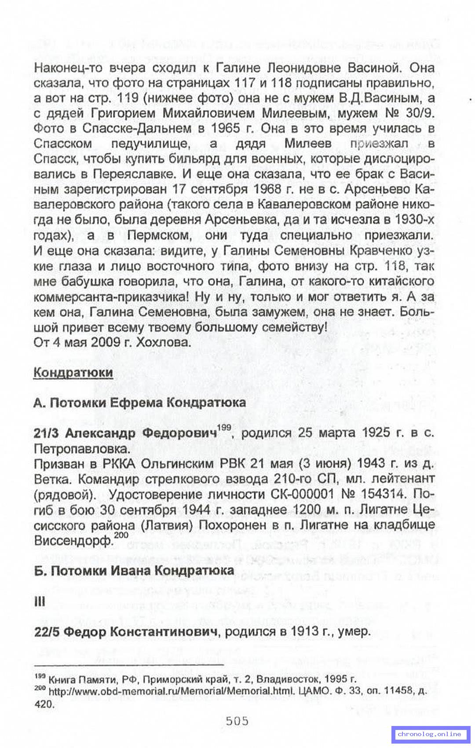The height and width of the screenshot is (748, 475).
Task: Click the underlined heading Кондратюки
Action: click(73, 372)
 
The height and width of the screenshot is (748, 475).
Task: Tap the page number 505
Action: click(237, 721)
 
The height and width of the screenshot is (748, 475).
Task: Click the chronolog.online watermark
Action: click(429, 734)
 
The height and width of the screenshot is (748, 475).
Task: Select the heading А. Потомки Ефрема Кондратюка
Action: click(139, 403)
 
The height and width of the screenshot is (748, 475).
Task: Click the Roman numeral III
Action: click(40, 601)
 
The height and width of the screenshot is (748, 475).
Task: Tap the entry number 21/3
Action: click(46, 433)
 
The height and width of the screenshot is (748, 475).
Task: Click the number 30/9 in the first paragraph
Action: click(420, 113)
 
